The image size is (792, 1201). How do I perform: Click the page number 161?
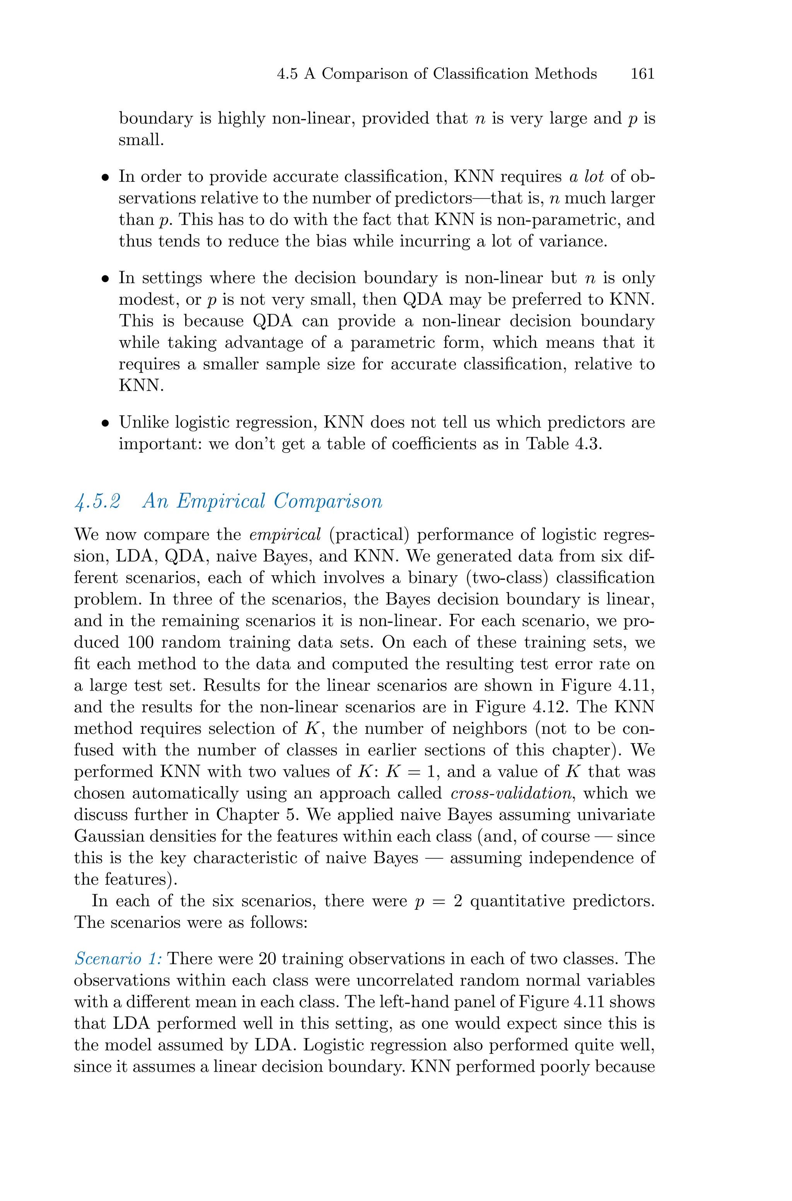[x=642, y=74]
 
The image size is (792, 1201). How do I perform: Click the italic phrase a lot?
[x=586, y=176]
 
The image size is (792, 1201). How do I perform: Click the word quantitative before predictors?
[x=517, y=900]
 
